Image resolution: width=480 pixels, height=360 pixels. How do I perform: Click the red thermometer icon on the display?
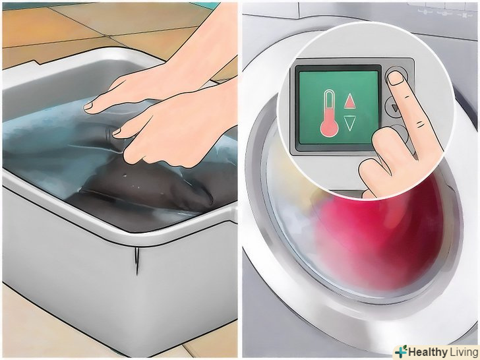(330, 113)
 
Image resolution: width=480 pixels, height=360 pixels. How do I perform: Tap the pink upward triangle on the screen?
(349, 102)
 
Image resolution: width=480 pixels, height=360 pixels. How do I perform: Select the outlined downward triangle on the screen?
(349, 123)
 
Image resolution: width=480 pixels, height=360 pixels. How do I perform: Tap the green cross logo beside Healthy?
(401, 351)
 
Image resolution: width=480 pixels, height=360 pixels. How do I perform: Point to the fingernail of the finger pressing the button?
(396, 78)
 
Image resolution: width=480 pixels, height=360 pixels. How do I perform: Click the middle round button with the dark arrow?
(392, 107)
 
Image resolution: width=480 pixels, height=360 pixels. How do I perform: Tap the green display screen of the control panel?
(339, 107)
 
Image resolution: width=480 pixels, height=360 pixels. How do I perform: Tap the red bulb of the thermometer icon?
(330, 129)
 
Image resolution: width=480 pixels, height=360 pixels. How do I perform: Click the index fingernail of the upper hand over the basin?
(88, 106)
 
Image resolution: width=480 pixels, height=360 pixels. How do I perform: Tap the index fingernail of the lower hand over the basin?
(116, 132)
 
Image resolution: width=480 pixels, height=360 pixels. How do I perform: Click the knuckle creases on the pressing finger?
(420, 124)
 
